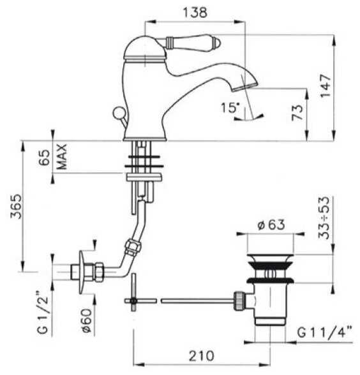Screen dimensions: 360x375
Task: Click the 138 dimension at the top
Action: (x=195, y=13)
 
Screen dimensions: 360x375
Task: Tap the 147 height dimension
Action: (x=326, y=85)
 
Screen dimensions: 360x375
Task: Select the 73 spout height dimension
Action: (x=297, y=112)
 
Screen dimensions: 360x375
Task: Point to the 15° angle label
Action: (x=230, y=108)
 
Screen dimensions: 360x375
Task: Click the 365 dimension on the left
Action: (x=16, y=207)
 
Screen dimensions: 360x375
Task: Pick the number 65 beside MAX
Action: (x=44, y=158)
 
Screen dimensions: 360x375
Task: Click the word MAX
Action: (x=62, y=157)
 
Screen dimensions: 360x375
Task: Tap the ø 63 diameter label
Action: (x=271, y=224)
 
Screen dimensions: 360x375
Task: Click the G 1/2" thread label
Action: (x=43, y=312)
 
